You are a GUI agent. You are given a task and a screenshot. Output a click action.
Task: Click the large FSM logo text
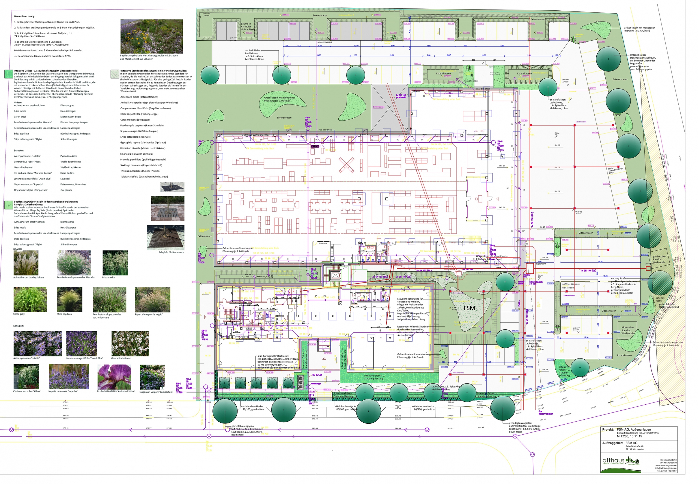tap(469, 308)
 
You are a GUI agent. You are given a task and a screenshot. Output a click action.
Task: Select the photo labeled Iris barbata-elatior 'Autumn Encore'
tap(114, 377)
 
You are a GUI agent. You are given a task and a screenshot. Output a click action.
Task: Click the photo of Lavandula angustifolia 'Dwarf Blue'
tap(81, 344)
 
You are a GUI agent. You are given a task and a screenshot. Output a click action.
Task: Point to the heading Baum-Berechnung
tap(25, 16)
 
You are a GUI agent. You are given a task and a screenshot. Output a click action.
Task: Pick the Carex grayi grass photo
tap(30, 299)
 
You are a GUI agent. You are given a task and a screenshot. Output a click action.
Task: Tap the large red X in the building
tap(346, 165)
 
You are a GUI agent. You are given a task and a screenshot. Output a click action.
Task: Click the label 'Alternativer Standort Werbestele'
tap(628, 330)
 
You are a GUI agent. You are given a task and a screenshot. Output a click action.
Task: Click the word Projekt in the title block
tap(608, 429)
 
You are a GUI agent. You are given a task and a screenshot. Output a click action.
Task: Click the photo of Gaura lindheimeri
tap(130, 344)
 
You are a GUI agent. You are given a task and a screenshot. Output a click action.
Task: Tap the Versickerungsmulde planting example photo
tap(151, 36)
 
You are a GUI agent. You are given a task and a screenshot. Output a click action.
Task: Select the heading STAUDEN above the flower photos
tap(19, 326)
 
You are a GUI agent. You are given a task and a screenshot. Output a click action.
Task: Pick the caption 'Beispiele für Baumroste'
tap(171, 252)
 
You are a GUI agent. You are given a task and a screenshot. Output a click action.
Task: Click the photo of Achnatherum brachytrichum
tap(26, 263)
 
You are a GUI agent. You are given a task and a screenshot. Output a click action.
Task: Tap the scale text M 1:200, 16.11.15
tap(629, 436)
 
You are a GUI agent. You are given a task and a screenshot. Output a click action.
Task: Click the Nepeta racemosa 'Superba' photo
tap(68, 377)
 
